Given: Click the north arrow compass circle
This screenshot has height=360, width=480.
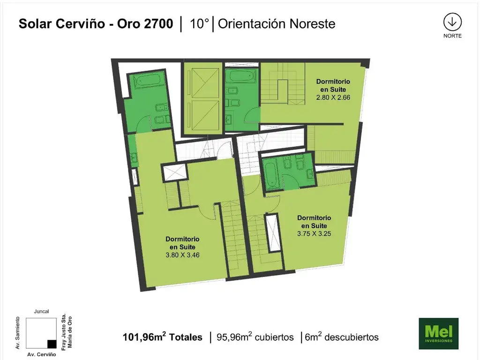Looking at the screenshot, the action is click(x=452, y=22).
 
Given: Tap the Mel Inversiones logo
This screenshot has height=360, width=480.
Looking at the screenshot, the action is click(x=438, y=333).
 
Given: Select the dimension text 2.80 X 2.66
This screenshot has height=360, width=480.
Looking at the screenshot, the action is click(x=333, y=97).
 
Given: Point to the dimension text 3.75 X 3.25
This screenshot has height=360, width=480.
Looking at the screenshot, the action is click(x=314, y=233).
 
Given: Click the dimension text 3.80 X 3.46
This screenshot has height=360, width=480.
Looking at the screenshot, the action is click(x=182, y=255).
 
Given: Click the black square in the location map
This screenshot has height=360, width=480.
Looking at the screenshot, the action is click(x=52, y=344).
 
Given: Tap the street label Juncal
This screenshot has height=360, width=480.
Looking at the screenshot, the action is click(x=41, y=311).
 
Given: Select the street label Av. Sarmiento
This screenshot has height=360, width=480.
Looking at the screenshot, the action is click(x=17, y=333).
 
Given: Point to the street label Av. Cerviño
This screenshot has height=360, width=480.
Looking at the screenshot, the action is click(x=42, y=354).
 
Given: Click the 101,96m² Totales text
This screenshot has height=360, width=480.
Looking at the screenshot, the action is click(x=163, y=337).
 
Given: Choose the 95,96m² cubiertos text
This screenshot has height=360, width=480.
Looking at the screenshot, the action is click(x=255, y=337).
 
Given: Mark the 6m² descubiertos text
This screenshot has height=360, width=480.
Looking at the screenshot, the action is click(x=342, y=337).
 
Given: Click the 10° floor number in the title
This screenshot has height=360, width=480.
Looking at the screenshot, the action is click(x=199, y=23).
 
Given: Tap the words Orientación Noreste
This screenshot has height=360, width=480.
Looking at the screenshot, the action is click(x=277, y=23).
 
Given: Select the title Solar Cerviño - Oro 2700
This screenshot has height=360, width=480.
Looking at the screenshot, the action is click(x=96, y=23).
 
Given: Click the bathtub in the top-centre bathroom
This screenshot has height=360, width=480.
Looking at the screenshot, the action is click(x=241, y=76).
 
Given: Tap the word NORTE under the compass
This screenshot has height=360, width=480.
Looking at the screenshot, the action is click(x=452, y=36).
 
